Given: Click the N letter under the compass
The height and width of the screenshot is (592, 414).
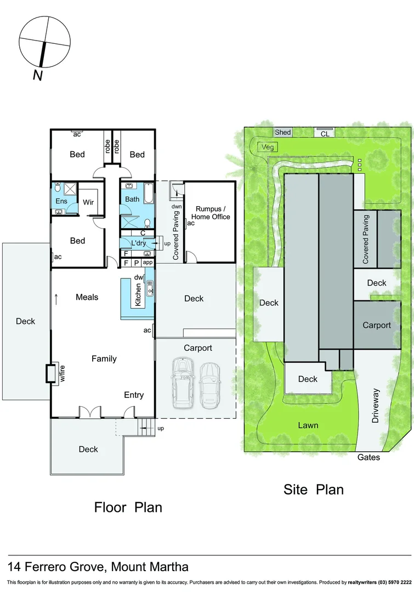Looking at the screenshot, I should (x=37, y=76).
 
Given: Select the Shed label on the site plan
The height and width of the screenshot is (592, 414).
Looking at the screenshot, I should (x=283, y=132).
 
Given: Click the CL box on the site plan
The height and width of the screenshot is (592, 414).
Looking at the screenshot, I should (x=325, y=133).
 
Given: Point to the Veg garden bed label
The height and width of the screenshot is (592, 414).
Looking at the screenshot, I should (x=268, y=147).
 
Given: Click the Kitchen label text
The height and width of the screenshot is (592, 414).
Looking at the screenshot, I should (x=138, y=294).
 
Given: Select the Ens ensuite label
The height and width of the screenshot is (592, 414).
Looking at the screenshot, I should (x=61, y=201).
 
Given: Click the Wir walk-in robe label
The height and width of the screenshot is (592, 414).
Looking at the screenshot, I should (x=88, y=202).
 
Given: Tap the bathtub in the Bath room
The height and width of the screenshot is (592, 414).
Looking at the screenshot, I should (x=147, y=194).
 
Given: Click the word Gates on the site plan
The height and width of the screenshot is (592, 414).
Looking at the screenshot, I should (x=368, y=457).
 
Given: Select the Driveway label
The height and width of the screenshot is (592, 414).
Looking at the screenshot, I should (x=376, y=405).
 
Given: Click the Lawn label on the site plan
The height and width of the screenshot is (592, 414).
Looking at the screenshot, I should (x=308, y=425).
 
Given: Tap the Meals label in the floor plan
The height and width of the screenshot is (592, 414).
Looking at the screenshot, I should (x=87, y=297).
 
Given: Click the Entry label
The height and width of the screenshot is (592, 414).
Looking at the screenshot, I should (x=134, y=395).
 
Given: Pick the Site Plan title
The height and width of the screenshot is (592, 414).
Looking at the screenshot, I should (x=313, y=489).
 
